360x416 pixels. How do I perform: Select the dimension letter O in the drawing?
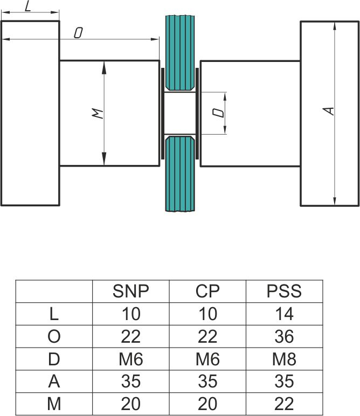(x=78, y=33)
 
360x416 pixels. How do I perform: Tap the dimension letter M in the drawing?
(x=97, y=113)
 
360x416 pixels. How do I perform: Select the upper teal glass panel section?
(x=180, y=52)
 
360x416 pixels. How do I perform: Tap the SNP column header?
(x=130, y=292)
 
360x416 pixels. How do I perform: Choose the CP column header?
(x=207, y=292)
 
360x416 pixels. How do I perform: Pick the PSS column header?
(x=284, y=292)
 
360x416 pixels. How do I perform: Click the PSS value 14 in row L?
(x=284, y=314)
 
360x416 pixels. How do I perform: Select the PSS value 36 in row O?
(x=284, y=337)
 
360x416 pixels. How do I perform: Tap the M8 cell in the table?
(x=284, y=359)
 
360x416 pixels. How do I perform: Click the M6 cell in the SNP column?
(x=130, y=359)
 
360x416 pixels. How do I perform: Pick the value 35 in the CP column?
(x=207, y=382)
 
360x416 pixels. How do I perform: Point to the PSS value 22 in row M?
(x=284, y=404)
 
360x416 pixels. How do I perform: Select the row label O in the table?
(x=54, y=337)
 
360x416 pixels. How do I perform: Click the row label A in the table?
(x=54, y=382)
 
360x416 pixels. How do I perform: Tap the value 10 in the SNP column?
(x=130, y=314)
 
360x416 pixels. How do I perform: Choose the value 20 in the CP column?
(x=207, y=404)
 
